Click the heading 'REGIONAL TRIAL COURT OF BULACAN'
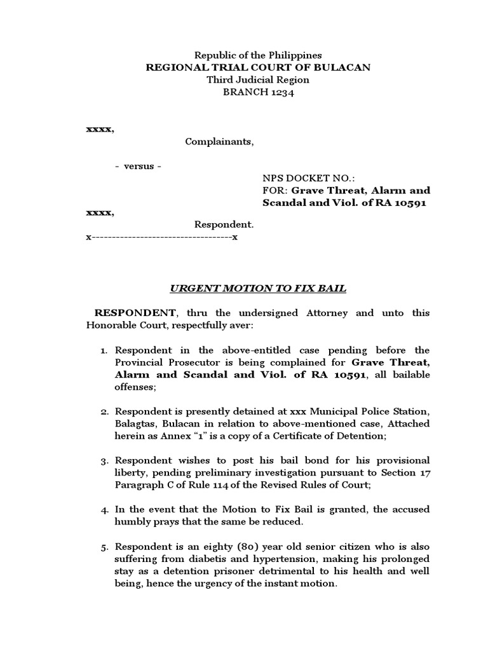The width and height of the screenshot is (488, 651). (257, 68)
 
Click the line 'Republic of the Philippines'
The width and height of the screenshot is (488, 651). (257, 56)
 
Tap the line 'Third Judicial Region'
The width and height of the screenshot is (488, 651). (257, 80)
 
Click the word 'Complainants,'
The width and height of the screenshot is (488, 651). (219, 141)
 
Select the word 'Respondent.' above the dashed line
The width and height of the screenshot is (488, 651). (224, 224)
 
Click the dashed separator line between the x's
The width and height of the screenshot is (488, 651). (161, 237)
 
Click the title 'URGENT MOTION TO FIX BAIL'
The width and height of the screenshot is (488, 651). (257, 289)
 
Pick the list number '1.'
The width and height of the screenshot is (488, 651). (105, 350)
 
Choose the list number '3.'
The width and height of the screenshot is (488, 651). (105, 460)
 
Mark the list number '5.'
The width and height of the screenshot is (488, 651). (105, 547)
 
